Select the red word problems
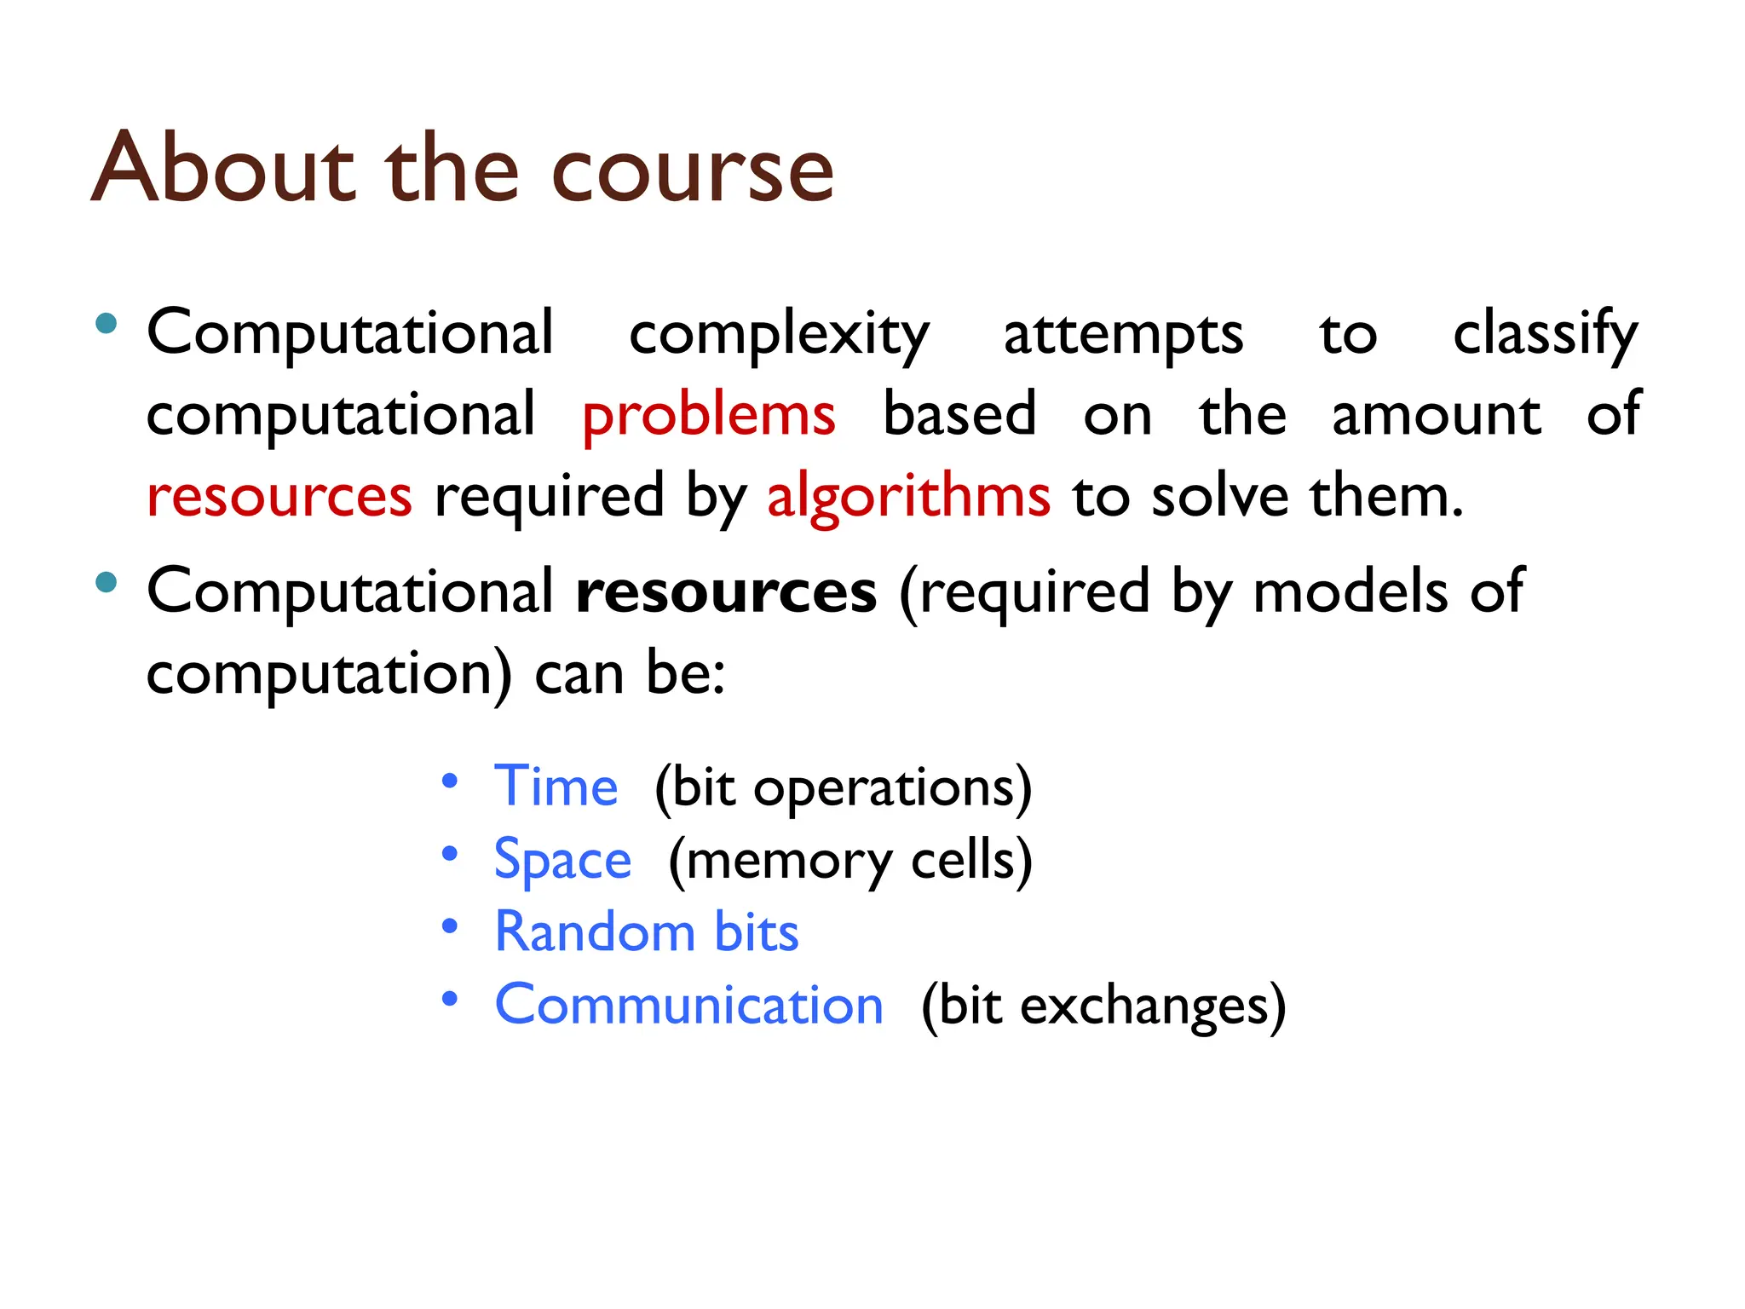(x=708, y=417)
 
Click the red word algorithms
(x=908, y=497)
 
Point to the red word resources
(x=279, y=497)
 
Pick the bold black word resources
(x=726, y=592)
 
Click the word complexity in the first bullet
(x=779, y=335)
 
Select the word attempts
(x=1123, y=335)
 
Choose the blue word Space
(x=562, y=860)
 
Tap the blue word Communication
(x=688, y=1005)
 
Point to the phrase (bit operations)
(x=843, y=787)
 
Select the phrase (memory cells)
(x=849, y=861)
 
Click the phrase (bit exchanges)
(x=1103, y=1006)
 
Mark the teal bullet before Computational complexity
(x=106, y=323)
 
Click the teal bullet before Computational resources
(x=106, y=582)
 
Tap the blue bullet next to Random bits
(x=450, y=926)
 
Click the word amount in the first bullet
(x=1436, y=415)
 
